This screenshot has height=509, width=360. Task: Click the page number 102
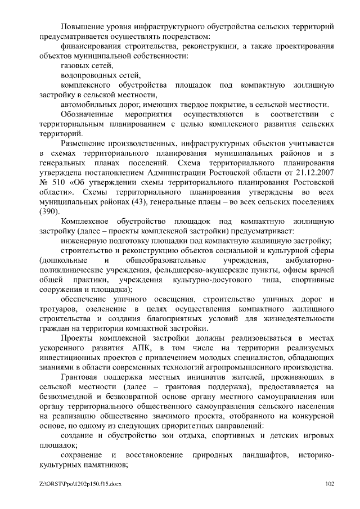(330, 483)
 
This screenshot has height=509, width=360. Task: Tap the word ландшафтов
(260, 454)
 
